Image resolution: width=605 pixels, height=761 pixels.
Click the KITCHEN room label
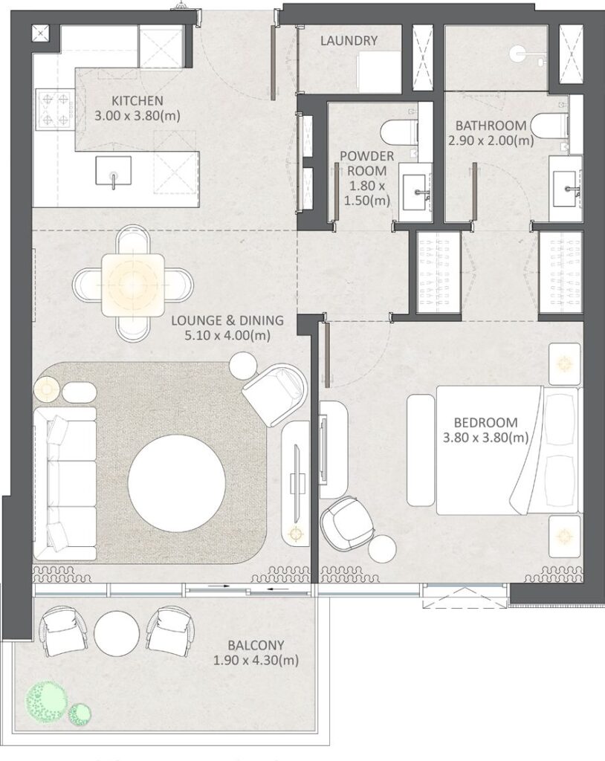(x=137, y=100)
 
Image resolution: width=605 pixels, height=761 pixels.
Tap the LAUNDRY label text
(x=349, y=41)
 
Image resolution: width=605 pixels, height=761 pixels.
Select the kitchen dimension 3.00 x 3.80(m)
(x=137, y=115)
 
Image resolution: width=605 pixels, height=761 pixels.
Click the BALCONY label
(x=256, y=645)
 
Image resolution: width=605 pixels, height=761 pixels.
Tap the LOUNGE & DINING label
(x=227, y=321)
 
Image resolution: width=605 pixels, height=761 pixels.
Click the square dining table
(x=133, y=281)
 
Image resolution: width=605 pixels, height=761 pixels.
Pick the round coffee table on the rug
(x=175, y=482)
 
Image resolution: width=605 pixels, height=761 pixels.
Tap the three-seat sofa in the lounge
(x=65, y=482)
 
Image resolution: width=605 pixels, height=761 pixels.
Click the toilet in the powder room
(x=397, y=133)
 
